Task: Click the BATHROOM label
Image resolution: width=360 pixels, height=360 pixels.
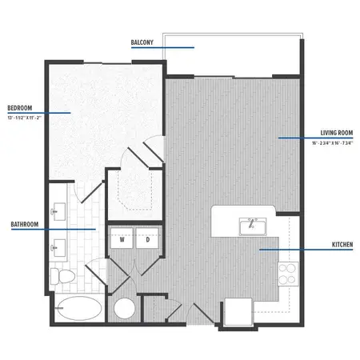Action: (x=26, y=226)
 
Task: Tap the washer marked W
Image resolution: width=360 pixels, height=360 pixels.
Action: (x=123, y=239)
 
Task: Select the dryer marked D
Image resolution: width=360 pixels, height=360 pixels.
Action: (x=148, y=239)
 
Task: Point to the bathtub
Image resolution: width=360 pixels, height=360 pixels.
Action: (x=78, y=307)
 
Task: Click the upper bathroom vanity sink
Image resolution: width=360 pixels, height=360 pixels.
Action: (x=58, y=212)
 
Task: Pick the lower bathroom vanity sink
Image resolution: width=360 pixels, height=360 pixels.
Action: (x=58, y=246)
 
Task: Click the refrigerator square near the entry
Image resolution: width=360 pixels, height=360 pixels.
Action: (x=238, y=310)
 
